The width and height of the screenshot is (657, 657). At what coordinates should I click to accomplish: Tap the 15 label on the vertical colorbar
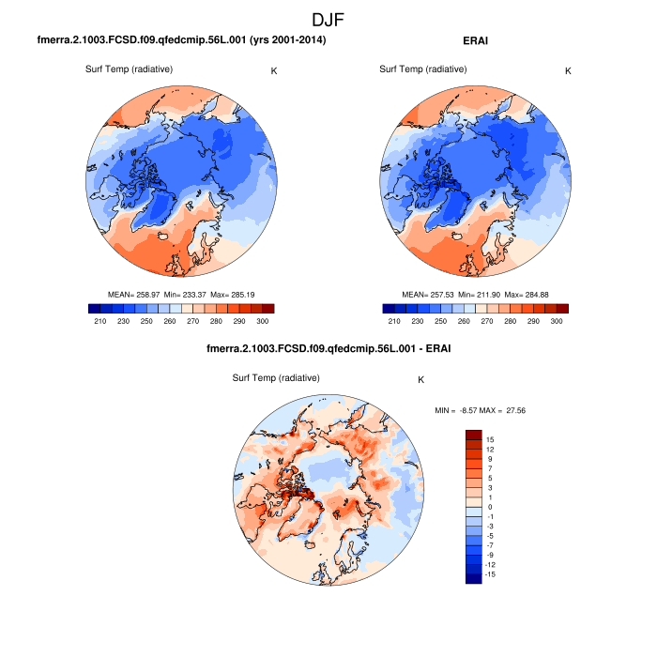490,439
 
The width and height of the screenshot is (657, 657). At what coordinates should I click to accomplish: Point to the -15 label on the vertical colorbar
490,574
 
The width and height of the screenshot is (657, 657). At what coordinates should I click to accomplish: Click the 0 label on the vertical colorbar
488,507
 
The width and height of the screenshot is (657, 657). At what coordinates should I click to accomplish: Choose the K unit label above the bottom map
421,379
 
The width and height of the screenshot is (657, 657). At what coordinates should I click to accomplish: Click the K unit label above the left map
274,70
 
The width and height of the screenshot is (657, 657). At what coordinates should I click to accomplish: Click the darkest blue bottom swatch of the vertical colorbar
474,578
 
